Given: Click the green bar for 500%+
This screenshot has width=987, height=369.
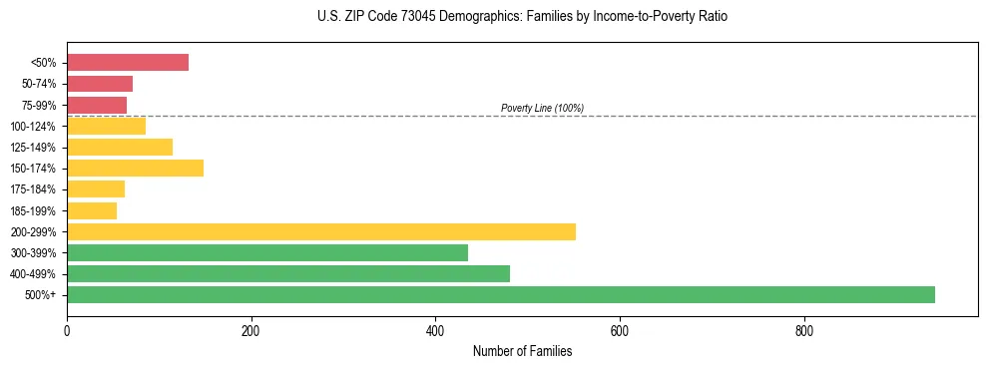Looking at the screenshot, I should [x=500, y=294].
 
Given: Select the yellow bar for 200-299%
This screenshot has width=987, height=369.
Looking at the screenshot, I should [x=320, y=231].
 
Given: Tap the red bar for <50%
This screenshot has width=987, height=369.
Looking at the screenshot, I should [x=127, y=63].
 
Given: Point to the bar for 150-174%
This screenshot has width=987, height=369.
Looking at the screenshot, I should [x=135, y=168].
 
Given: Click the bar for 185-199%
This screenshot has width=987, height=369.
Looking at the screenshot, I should [x=91, y=210].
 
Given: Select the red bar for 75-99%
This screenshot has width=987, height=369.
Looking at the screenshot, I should [x=96, y=105].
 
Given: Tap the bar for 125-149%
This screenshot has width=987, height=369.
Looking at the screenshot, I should [x=119, y=147].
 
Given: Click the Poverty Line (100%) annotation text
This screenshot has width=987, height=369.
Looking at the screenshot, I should [x=542, y=108].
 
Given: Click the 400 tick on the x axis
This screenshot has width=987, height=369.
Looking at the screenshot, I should [x=435, y=330].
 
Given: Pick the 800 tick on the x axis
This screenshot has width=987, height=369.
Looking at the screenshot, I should [x=803, y=330].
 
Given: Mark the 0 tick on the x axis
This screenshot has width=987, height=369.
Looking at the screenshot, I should [x=67, y=330].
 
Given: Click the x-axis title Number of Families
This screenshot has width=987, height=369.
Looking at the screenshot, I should [x=522, y=351].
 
